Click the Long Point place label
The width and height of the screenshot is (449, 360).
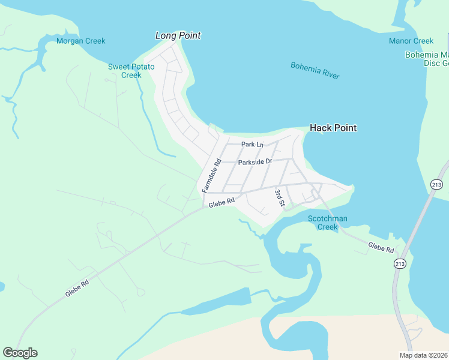click(x=178, y=36)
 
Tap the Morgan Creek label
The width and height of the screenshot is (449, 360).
click(x=80, y=41)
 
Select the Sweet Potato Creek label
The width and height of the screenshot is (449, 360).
click(x=125, y=71)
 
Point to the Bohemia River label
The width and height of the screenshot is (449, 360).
click(x=315, y=70)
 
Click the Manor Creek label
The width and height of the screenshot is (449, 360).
click(x=411, y=41)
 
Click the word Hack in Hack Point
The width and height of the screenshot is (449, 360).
click(x=321, y=128)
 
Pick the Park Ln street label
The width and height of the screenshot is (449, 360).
click(x=252, y=145)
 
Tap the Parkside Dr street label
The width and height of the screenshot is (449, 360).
click(x=255, y=162)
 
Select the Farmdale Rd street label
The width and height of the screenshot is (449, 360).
click(x=212, y=175)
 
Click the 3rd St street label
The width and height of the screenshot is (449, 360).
click(x=279, y=198)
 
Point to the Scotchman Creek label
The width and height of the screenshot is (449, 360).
click(x=327, y=223)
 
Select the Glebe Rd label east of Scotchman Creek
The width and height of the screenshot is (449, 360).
click(x=381, y=248)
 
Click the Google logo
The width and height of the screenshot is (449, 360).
click(x=20, y=353)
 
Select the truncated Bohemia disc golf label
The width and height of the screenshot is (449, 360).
click(x=427, y=59)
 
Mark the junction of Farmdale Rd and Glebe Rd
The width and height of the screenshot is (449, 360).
click(x=202, y=209)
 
